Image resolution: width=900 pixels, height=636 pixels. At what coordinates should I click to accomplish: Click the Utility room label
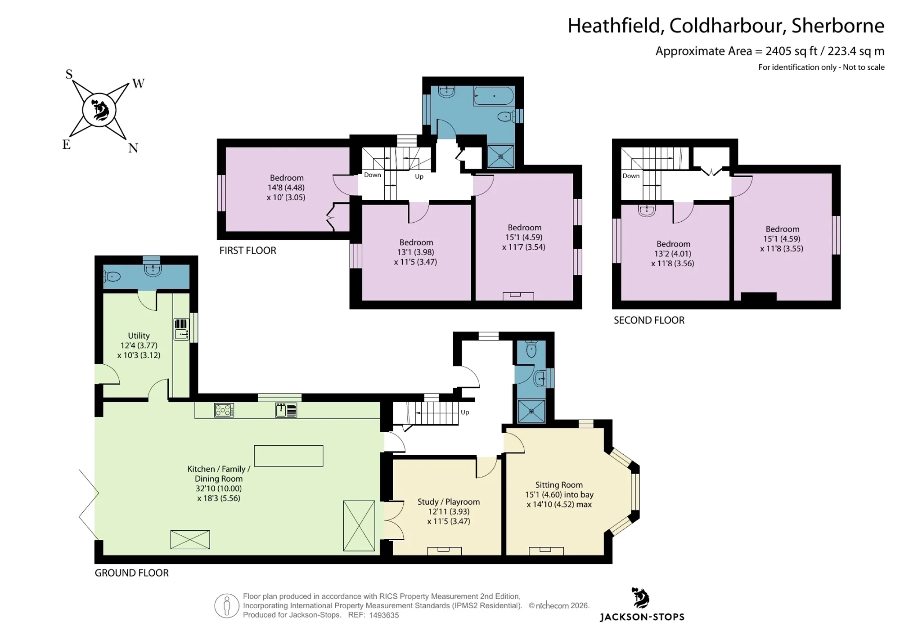point(139,336)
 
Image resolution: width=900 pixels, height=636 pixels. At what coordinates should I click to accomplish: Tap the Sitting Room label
point(559,485)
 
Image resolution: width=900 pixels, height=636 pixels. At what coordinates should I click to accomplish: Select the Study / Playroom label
point(449,502)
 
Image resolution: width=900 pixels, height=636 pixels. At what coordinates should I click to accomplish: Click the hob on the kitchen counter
point(224,410)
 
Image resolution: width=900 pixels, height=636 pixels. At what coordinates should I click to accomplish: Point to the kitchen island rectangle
point(288,456)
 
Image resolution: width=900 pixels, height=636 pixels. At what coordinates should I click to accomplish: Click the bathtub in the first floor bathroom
point(494,96)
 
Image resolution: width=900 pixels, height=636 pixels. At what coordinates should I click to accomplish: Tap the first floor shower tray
point(500,156)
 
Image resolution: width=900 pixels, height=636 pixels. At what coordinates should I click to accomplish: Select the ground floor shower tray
point(531,411)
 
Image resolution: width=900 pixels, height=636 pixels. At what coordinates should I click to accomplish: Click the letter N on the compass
point(133,148)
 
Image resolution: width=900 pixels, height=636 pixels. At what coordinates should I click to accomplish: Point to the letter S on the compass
point(69,74)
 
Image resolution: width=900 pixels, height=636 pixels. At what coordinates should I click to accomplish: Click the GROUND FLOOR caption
point(131,573)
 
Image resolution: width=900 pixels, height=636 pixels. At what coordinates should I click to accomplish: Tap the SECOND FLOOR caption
point(649,320)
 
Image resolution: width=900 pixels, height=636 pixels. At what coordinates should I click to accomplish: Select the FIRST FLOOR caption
point(247,251)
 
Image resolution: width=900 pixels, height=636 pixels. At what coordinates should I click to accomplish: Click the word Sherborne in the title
point(838,26)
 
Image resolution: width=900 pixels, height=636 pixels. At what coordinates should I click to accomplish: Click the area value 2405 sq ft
point(791,51)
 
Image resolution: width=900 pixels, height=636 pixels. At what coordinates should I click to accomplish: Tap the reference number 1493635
point(384,615)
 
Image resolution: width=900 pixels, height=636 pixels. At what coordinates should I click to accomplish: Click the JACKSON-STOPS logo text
point(642,617)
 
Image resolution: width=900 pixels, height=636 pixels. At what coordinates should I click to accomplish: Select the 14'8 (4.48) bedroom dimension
point(286,188)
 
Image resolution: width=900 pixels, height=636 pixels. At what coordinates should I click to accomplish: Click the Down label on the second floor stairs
point(631,176)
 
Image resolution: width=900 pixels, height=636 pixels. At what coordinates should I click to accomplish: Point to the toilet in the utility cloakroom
point(112,277)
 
